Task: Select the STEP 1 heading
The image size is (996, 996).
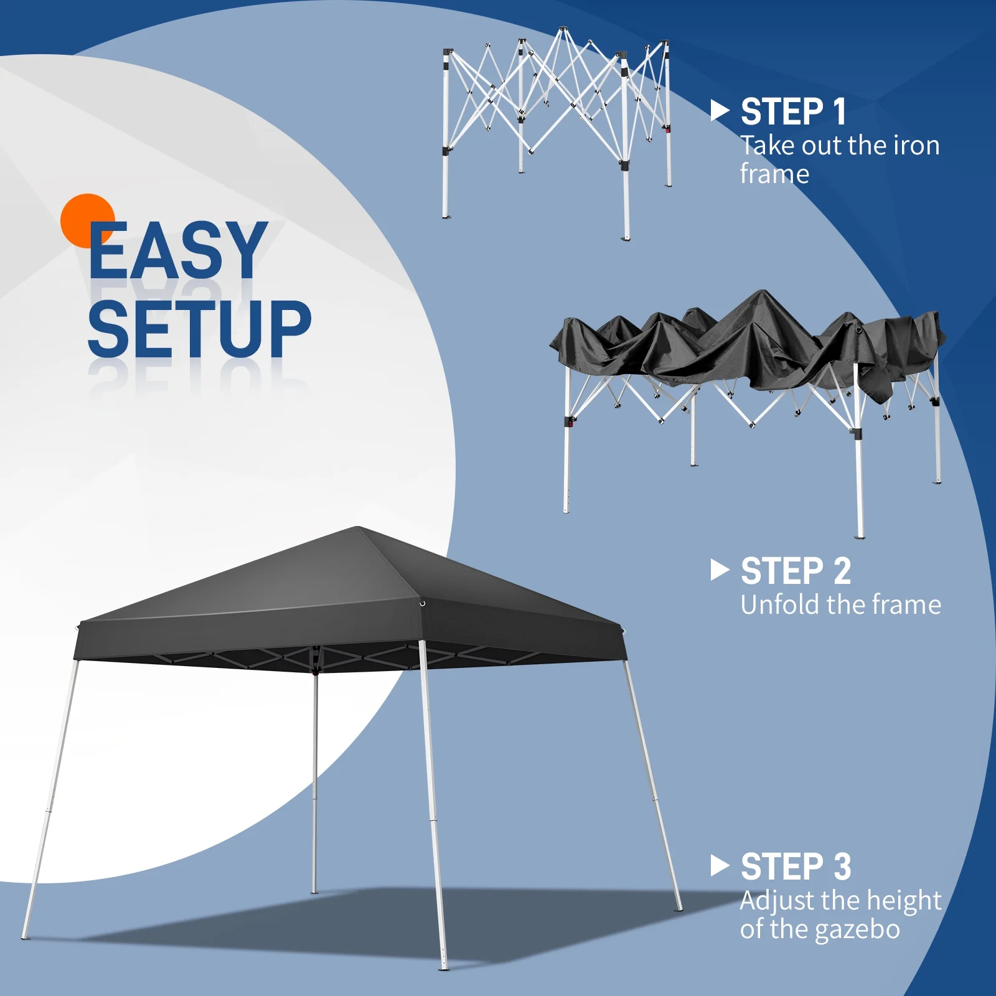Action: pos(793,112)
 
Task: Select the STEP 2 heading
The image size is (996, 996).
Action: pos(796,571)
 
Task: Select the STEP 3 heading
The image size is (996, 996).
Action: pos(796,867)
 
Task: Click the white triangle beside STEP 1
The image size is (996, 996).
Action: pos(720,111)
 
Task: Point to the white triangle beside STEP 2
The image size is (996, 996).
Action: pos(720,570)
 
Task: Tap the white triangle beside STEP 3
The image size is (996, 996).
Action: pos(720,866)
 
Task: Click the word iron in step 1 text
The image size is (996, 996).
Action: pos(916,146)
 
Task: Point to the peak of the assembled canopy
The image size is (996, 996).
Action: pos(359,529)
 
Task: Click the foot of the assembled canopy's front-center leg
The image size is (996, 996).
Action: pos(444,966)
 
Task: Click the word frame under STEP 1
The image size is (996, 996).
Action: pos(774,174)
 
